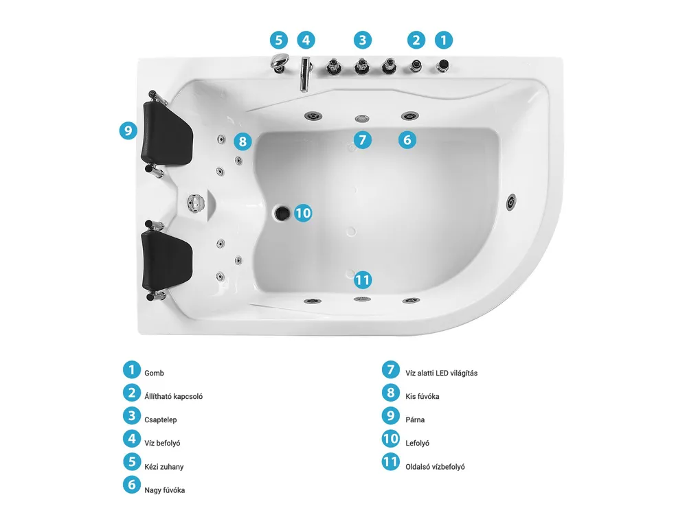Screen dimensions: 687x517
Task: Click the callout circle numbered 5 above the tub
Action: (x=279, y=41)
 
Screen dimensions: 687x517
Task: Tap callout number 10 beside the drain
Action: (x=303, y=214)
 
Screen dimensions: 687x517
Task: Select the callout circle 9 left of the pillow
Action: (x=128, y=130)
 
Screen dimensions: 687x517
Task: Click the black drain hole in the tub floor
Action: (x=282, y=214)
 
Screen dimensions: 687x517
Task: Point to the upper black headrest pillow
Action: (x=166, y=133)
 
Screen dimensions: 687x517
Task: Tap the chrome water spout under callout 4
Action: (x=305, y=73)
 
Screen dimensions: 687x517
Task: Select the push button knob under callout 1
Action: (x=443, y=66)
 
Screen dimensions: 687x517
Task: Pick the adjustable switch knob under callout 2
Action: (x=416, y=66)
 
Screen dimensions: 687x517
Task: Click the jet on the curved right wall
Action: (x=511, y=203)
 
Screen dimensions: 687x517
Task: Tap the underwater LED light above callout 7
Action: (x=362, y=119)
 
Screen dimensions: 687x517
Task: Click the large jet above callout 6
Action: (x=410, y=117)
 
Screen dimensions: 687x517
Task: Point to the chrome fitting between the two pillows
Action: (x=196, y=203)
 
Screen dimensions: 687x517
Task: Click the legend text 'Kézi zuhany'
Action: (x=164, y=467)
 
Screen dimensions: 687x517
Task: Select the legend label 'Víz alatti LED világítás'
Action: (x=441, y=373)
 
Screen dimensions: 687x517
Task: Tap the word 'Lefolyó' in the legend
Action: (x=417, y=443)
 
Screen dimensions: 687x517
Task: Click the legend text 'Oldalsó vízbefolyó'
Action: (x=435, y=467)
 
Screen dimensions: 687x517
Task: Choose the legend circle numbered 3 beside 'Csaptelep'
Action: (x=131, y=416)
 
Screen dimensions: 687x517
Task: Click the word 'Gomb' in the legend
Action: (x=154, y=373)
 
